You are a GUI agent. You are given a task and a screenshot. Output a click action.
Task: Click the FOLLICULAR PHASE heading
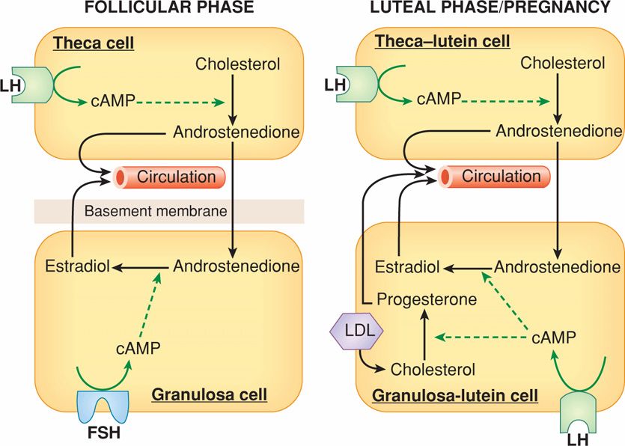(168, 9)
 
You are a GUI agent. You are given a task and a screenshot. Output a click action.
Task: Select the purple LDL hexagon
(356, 329)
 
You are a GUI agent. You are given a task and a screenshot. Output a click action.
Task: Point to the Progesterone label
(427, 300)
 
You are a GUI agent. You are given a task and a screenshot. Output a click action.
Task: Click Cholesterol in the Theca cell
(238, 64)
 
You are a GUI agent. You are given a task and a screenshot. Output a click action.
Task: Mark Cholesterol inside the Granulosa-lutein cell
(433, 369)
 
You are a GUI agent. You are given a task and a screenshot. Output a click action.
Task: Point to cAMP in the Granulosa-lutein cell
(553, 338)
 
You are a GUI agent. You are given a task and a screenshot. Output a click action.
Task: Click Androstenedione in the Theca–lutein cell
(558, 131)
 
